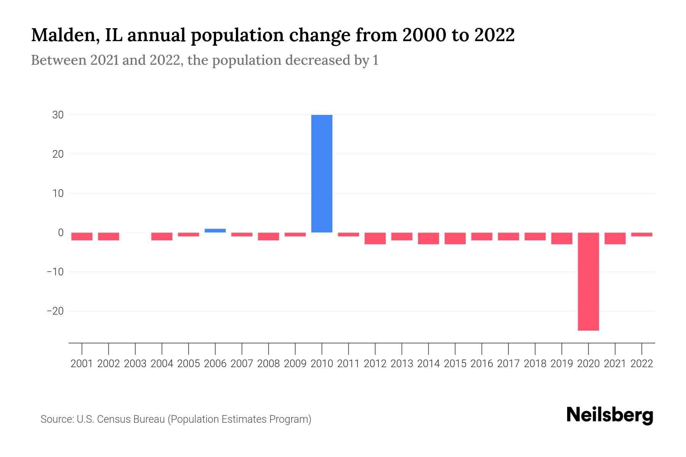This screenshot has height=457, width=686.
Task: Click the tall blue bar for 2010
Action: click(322, 173)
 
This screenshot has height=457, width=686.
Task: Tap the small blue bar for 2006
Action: click(215, 230)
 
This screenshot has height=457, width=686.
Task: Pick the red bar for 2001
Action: click(82, 236)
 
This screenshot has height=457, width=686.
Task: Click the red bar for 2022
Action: click(641, 235)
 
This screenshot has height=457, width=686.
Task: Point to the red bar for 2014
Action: click(428, 238)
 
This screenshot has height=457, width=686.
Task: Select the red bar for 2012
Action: click(375, 238)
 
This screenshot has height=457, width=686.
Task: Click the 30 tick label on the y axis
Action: click(58, 115)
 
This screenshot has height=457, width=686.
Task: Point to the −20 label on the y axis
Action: click(55, 311)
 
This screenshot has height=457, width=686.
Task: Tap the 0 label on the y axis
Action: click(61, 232)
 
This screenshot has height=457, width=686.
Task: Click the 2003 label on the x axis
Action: click(135, 364)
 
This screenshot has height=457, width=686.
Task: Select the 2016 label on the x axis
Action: click(482, 364)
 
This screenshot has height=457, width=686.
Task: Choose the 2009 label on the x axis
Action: click(295, 364)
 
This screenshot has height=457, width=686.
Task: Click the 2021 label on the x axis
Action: click(615, 364)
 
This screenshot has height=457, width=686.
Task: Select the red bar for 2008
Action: click(268, 236)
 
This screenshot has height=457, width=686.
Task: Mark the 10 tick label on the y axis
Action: click(58, 193)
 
